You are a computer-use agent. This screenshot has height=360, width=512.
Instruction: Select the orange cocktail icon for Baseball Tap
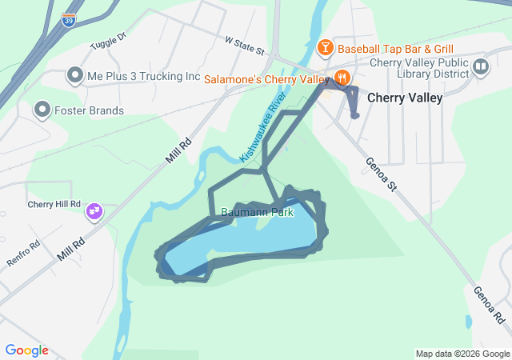point(326,49)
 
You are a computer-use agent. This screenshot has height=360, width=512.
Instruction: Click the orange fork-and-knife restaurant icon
point(342,78)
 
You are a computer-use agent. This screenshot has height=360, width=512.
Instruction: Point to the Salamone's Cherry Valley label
point(267,80)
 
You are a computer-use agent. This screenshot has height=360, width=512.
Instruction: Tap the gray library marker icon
point(481,67)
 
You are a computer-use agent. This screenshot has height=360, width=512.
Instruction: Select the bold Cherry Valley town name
point(405,98)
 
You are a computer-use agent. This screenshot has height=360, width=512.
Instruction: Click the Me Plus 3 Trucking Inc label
point(143,77)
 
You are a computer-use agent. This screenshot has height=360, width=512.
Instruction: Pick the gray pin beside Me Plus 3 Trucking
point(75,76)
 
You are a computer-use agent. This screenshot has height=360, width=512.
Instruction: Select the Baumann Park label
point(257,213)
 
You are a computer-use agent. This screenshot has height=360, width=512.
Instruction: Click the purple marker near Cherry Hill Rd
point(95,211)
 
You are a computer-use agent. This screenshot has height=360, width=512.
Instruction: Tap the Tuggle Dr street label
point(109,40)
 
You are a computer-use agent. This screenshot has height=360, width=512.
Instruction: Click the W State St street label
point(244,44)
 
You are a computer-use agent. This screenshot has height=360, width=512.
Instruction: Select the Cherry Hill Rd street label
point(54,204)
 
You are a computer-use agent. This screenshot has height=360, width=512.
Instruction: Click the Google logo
point(26,350)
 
